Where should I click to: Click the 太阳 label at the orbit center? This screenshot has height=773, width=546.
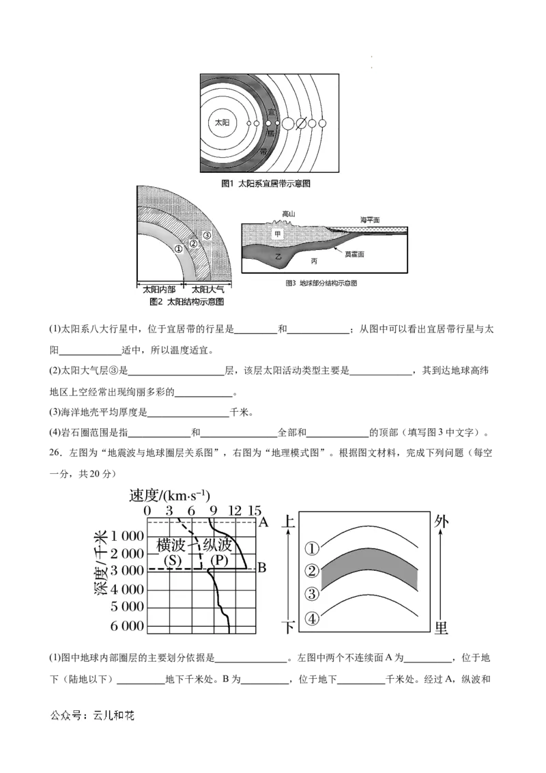[x=222, y=122]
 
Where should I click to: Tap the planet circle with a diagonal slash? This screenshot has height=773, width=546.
[x=301, y=123]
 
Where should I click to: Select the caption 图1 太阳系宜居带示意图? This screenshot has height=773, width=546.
[x=265, y=184]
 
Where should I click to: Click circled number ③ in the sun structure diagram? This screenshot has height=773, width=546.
[x=207, y=235]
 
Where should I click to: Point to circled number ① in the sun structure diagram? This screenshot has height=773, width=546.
[x=178, y=249]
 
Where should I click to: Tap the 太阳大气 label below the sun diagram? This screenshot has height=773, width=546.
[x=207, y=290]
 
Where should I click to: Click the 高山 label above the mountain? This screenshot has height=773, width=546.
[x=288, y=214]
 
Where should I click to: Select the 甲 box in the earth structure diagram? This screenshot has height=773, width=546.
[x=277, y=234]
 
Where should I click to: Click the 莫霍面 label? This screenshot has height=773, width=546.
[x=354, y=255]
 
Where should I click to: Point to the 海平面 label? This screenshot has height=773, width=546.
[x=370, y=220]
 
